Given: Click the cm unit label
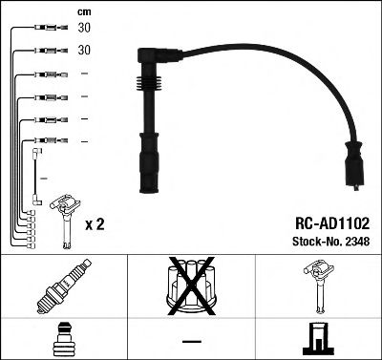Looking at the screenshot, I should pyautogui.click(x=84, y=12).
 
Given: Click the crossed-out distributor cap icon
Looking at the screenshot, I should pyautogui.click(x=191, y=288).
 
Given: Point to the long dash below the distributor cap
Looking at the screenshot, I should pyautogui.click(x=191, y=341).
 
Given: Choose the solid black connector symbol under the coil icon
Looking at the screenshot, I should pyautogui.click(x=317, y=339).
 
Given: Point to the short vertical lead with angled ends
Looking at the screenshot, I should pyautogui.click(x=35, y=177).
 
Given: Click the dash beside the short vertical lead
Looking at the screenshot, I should pyautogui.click(x=45, y=178).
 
